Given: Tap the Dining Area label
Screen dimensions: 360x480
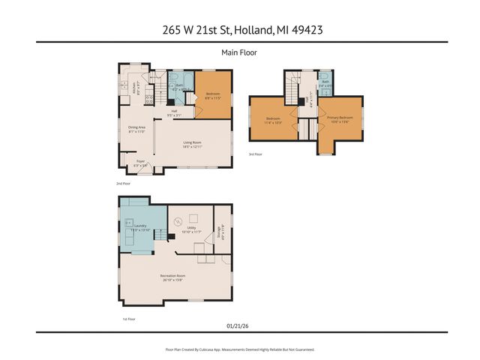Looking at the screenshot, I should [136, 129].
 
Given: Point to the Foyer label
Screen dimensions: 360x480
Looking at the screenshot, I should [140, 162].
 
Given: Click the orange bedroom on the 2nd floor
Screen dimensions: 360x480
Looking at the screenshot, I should [213, 94].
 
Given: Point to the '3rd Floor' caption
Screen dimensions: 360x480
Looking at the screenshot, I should [256, 154].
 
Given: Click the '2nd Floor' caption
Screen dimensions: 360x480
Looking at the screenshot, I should [123, 183].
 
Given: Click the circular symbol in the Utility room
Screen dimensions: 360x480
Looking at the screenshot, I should [178, 221].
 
